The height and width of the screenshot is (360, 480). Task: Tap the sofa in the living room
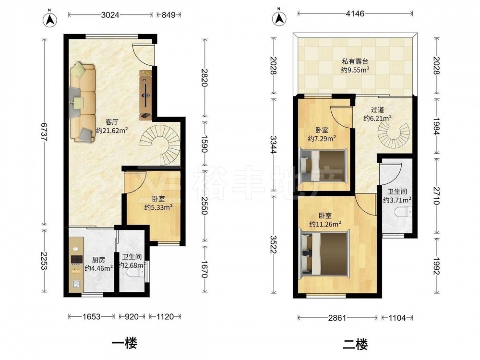83,103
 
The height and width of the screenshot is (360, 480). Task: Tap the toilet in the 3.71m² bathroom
403,212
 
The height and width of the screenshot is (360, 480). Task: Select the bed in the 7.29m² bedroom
323,165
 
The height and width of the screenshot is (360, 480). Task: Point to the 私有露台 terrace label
355,61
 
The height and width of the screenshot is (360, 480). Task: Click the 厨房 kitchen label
98,260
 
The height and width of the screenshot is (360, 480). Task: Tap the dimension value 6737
44,132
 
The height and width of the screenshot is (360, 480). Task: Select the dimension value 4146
355,13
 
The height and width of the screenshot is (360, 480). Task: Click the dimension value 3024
110,14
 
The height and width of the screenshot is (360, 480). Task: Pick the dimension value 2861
337,318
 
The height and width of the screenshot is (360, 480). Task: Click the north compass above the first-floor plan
50,20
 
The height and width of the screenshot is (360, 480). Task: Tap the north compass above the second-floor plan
279,18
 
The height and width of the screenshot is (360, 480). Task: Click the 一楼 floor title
124,343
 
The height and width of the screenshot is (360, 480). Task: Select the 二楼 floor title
355,344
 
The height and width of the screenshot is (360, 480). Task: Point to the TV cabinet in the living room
146,95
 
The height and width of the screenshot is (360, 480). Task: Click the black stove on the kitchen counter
76,260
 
